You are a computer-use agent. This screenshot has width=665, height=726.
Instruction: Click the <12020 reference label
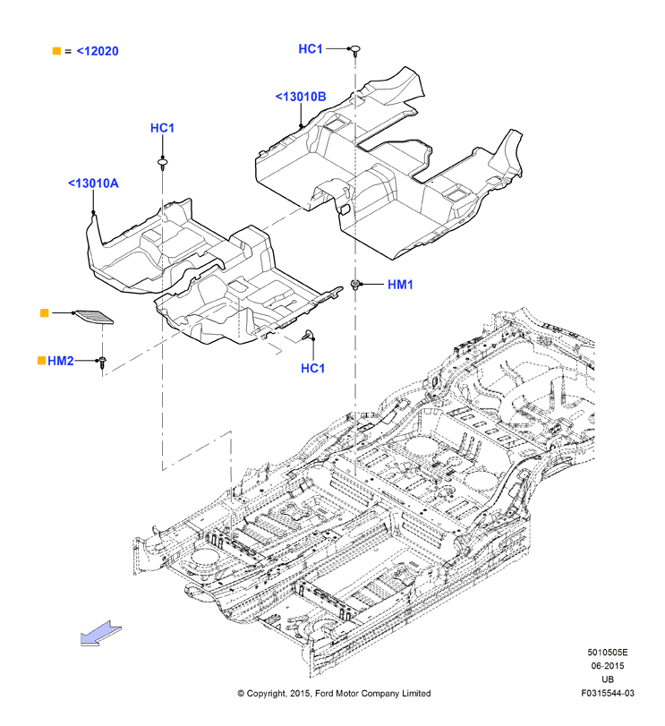point(98,51)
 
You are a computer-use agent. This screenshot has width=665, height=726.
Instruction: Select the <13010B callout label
point(301,97)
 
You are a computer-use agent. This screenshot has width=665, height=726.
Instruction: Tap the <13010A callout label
point(93,184)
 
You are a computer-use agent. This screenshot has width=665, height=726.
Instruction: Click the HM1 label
point(400,285)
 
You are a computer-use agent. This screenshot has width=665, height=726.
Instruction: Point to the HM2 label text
point(61,361)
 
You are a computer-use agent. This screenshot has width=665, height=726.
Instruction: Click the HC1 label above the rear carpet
point(311,48)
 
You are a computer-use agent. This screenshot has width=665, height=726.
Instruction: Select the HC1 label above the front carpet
point(162,128)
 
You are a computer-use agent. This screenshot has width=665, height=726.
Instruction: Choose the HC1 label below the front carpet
point(313,368)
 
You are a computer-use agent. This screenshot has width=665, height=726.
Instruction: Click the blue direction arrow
point(101,633)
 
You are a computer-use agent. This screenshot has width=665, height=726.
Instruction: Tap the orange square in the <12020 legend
point(56,51)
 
